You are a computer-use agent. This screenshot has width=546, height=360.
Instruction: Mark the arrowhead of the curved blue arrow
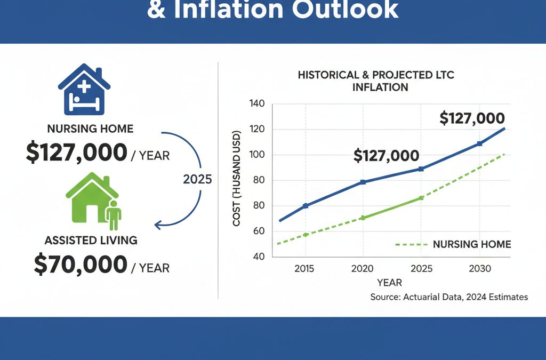(158, 225)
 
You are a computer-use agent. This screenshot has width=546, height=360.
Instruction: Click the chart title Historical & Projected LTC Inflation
(376, 81)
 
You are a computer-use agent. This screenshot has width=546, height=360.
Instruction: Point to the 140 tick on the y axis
(257, 103)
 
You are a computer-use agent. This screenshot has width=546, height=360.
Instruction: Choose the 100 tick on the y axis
(257, 155)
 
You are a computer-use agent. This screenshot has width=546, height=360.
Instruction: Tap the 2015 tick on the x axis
(305, 268)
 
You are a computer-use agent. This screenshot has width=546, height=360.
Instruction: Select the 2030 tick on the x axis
(479, 268)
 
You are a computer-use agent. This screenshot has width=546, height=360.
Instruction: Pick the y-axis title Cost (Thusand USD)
(237, 179)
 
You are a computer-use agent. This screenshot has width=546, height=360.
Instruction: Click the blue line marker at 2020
(363, 182)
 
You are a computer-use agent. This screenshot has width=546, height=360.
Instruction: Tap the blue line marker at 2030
(479, 143)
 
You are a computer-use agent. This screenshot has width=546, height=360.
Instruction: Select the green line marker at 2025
(421, 198)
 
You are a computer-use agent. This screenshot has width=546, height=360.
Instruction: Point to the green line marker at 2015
(305, 235)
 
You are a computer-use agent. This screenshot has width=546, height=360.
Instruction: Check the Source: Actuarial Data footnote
(449, 297)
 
